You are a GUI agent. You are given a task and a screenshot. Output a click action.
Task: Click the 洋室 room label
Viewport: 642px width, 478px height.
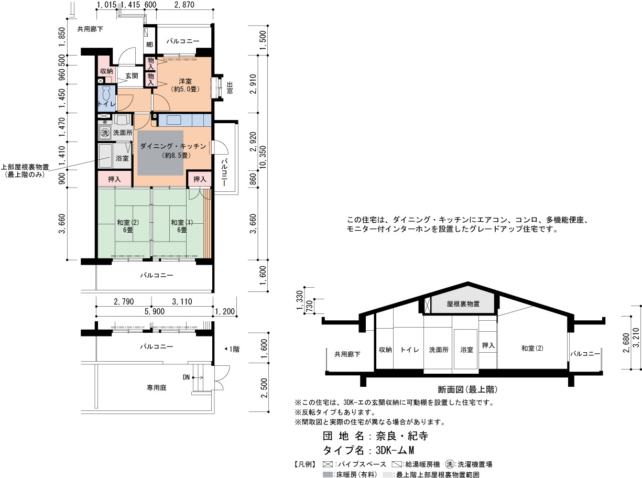pos(185,81)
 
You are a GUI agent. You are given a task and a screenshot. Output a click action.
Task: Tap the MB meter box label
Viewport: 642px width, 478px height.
pos(150,45)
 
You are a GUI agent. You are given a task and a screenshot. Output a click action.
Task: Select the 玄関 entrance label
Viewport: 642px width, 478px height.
pos(132,76)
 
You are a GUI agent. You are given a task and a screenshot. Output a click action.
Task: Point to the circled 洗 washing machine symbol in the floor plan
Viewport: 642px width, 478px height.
pos(104,133)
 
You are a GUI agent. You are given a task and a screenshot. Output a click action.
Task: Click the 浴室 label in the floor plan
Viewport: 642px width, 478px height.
pos(122,158)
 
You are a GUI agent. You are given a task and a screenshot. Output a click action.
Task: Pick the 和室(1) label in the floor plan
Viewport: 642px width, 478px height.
pos(182,222)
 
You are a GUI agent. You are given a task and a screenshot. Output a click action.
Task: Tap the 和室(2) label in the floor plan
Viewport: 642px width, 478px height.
pos(128,222)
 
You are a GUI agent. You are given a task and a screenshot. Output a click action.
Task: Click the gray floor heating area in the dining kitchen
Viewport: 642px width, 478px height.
pos(160,153)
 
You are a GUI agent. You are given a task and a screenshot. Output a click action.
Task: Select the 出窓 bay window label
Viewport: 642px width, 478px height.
pos(230,88)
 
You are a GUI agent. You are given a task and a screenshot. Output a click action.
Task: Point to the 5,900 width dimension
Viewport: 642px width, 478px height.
pos(155,311)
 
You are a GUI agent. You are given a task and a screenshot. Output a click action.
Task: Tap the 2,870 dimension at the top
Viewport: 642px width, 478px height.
pos(184,5)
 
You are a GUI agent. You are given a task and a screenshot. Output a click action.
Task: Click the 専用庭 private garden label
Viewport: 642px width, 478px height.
pos(157,387)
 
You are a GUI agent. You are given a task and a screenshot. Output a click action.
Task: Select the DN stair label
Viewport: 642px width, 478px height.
pos(186,377)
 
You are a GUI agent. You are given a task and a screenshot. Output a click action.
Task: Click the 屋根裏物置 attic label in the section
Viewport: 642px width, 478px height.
pos(463,303)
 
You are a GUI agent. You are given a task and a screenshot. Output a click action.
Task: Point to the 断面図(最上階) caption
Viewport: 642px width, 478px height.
pos(468,389)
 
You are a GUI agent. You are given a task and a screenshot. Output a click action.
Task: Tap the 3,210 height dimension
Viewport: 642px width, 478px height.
pos(636,340)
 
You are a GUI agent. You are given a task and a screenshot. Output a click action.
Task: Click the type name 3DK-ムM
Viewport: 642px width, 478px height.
pos(395,450)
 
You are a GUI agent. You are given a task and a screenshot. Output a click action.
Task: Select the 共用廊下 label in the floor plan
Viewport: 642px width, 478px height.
pos(90,29)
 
